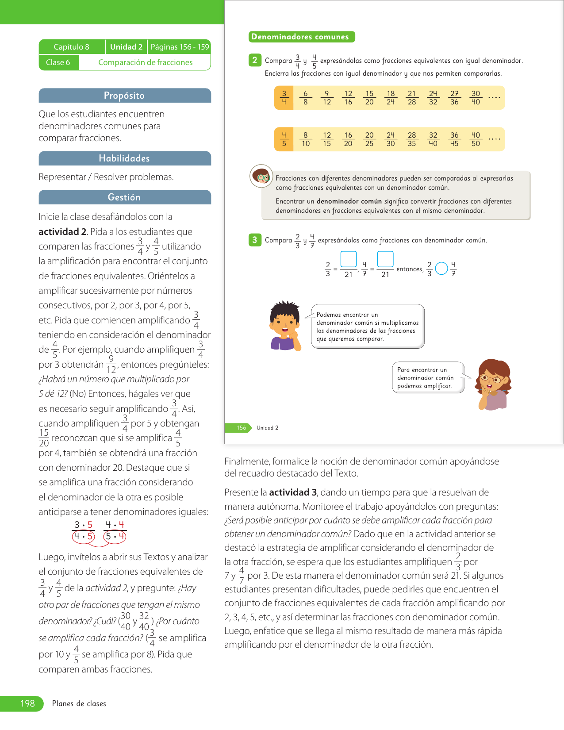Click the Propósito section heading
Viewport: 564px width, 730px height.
(x=124, y=96)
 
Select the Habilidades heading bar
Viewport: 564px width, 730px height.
(x=124, y=158)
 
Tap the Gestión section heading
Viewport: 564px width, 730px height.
(x=124, y=197)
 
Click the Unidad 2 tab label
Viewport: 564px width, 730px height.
(x=126, y=47)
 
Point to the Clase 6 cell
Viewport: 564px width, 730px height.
(x=58, y=62)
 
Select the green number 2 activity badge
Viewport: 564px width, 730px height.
(x=254, y=60)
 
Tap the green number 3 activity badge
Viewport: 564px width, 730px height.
(x=254, y=240)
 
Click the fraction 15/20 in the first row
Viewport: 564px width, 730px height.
(x=369, y=98)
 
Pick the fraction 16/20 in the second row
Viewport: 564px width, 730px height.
(x=348, y=139)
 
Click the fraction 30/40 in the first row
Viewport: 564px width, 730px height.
(x=476, y=98)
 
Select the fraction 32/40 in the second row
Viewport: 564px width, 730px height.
(x=433, y=139)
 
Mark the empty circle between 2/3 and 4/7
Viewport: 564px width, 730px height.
(x=441, y=269)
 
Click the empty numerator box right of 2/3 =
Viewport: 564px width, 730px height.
(x=349, y=259)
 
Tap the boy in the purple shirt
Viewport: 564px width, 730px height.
(x=285, y=327)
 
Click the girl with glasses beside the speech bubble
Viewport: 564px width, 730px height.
(x=492, y=384)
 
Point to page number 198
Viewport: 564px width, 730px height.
(x=27, y=703)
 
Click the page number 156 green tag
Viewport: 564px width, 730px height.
(x=241, y=428)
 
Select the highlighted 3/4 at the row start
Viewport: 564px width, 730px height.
(x=284, y=98)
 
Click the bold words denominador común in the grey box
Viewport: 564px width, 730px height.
(x=349, y=201)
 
